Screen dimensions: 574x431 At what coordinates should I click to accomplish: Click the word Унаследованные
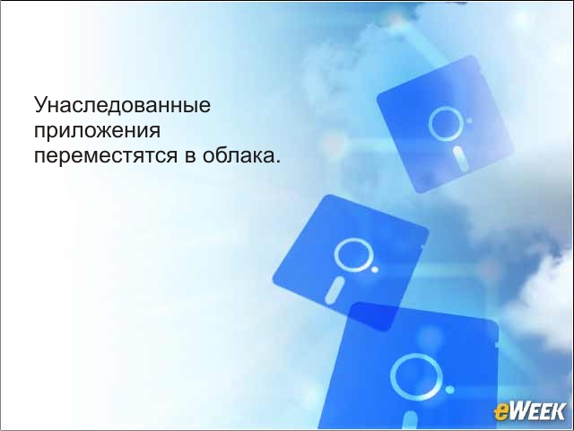(122, 106)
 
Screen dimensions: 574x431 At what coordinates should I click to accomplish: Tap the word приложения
(98, 131)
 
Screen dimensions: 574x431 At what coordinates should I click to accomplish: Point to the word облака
(238, 154)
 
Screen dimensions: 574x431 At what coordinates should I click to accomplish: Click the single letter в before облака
(190, 156)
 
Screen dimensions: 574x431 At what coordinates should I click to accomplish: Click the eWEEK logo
(529, 411)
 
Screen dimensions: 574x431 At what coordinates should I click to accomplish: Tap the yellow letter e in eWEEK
(500, 413)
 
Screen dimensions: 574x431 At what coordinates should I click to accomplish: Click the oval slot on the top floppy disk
(460, 158)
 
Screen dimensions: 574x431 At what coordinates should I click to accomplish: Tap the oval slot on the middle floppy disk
(335, 291)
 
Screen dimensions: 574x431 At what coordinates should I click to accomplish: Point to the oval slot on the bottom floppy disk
(410, 420)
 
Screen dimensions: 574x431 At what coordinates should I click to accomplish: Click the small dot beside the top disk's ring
(469, 120)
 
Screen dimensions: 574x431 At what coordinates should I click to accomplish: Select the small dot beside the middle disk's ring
(375, 269)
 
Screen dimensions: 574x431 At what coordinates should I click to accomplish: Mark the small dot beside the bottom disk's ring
(450, 390)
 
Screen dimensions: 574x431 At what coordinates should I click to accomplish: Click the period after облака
(277, 161)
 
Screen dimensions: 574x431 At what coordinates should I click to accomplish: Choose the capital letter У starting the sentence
(42, 104)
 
